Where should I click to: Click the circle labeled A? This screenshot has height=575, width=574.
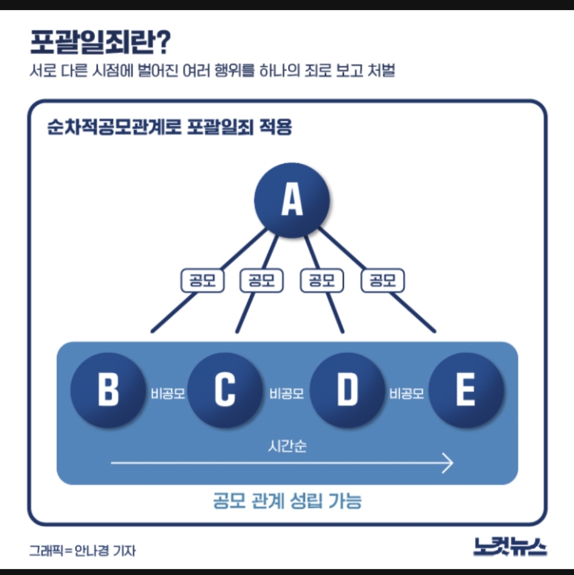292,201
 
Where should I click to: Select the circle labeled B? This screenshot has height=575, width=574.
108,390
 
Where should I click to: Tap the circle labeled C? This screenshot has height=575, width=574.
225,390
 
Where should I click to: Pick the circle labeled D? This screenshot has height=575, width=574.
347,390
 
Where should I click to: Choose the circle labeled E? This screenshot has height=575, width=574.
466,390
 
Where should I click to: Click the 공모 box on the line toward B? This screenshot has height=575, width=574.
202,280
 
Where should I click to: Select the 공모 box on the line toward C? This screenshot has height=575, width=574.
261,280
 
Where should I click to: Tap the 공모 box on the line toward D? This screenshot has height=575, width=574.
322,280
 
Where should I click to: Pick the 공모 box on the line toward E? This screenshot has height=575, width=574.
382,280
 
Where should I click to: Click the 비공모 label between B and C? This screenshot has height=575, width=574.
167,394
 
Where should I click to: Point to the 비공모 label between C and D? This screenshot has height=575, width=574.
286,394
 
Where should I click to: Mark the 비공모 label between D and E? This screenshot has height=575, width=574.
407,394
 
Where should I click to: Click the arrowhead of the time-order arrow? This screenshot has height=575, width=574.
448,464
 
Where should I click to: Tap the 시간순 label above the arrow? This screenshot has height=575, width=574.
287,446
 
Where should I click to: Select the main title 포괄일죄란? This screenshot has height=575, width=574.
99,43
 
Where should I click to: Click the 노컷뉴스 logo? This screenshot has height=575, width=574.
510,546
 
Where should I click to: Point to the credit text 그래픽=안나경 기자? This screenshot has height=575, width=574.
82,550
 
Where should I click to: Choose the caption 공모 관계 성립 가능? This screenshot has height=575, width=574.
287,501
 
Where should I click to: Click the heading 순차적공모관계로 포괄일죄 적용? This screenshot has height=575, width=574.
170,128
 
